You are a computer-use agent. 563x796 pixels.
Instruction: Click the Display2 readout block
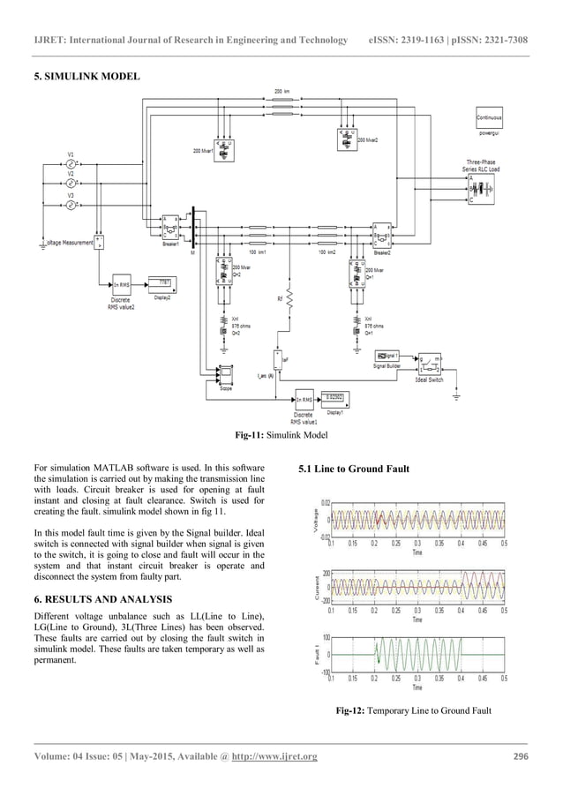(x=163, y=283)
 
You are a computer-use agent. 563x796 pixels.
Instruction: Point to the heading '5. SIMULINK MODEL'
(x=86, y=77)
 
